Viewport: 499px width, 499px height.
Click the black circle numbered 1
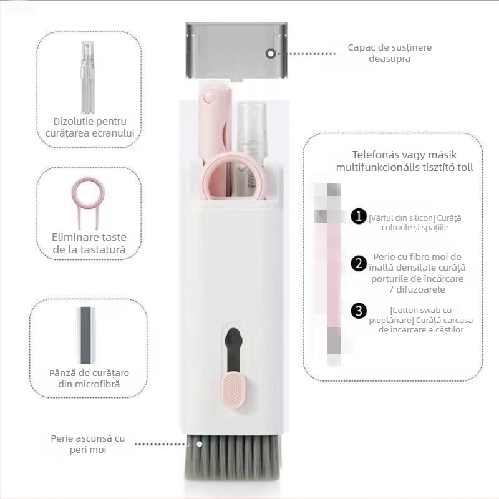(x=359, y=216)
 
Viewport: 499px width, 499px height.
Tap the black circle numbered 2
(x=359, y=263)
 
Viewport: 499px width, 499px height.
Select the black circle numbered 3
(x=359, y=311)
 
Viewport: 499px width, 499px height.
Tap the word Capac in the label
(x=360, y=48)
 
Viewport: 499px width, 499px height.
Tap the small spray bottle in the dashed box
(x=88, y=77)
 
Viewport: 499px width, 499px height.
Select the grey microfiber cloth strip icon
(x=85, y=335)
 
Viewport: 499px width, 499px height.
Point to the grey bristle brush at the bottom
(x=233, y=457)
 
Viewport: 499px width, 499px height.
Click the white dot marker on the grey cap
(x=271, y=54)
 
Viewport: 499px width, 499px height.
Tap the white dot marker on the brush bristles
(x=199, y=444)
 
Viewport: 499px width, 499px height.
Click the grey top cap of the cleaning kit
(x=237, y=51)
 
